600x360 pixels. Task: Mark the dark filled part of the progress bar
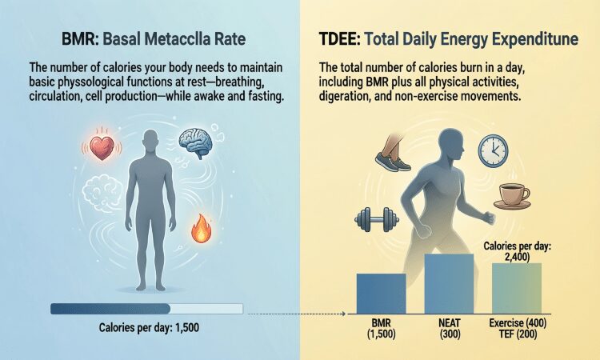(x=110, y=309)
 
